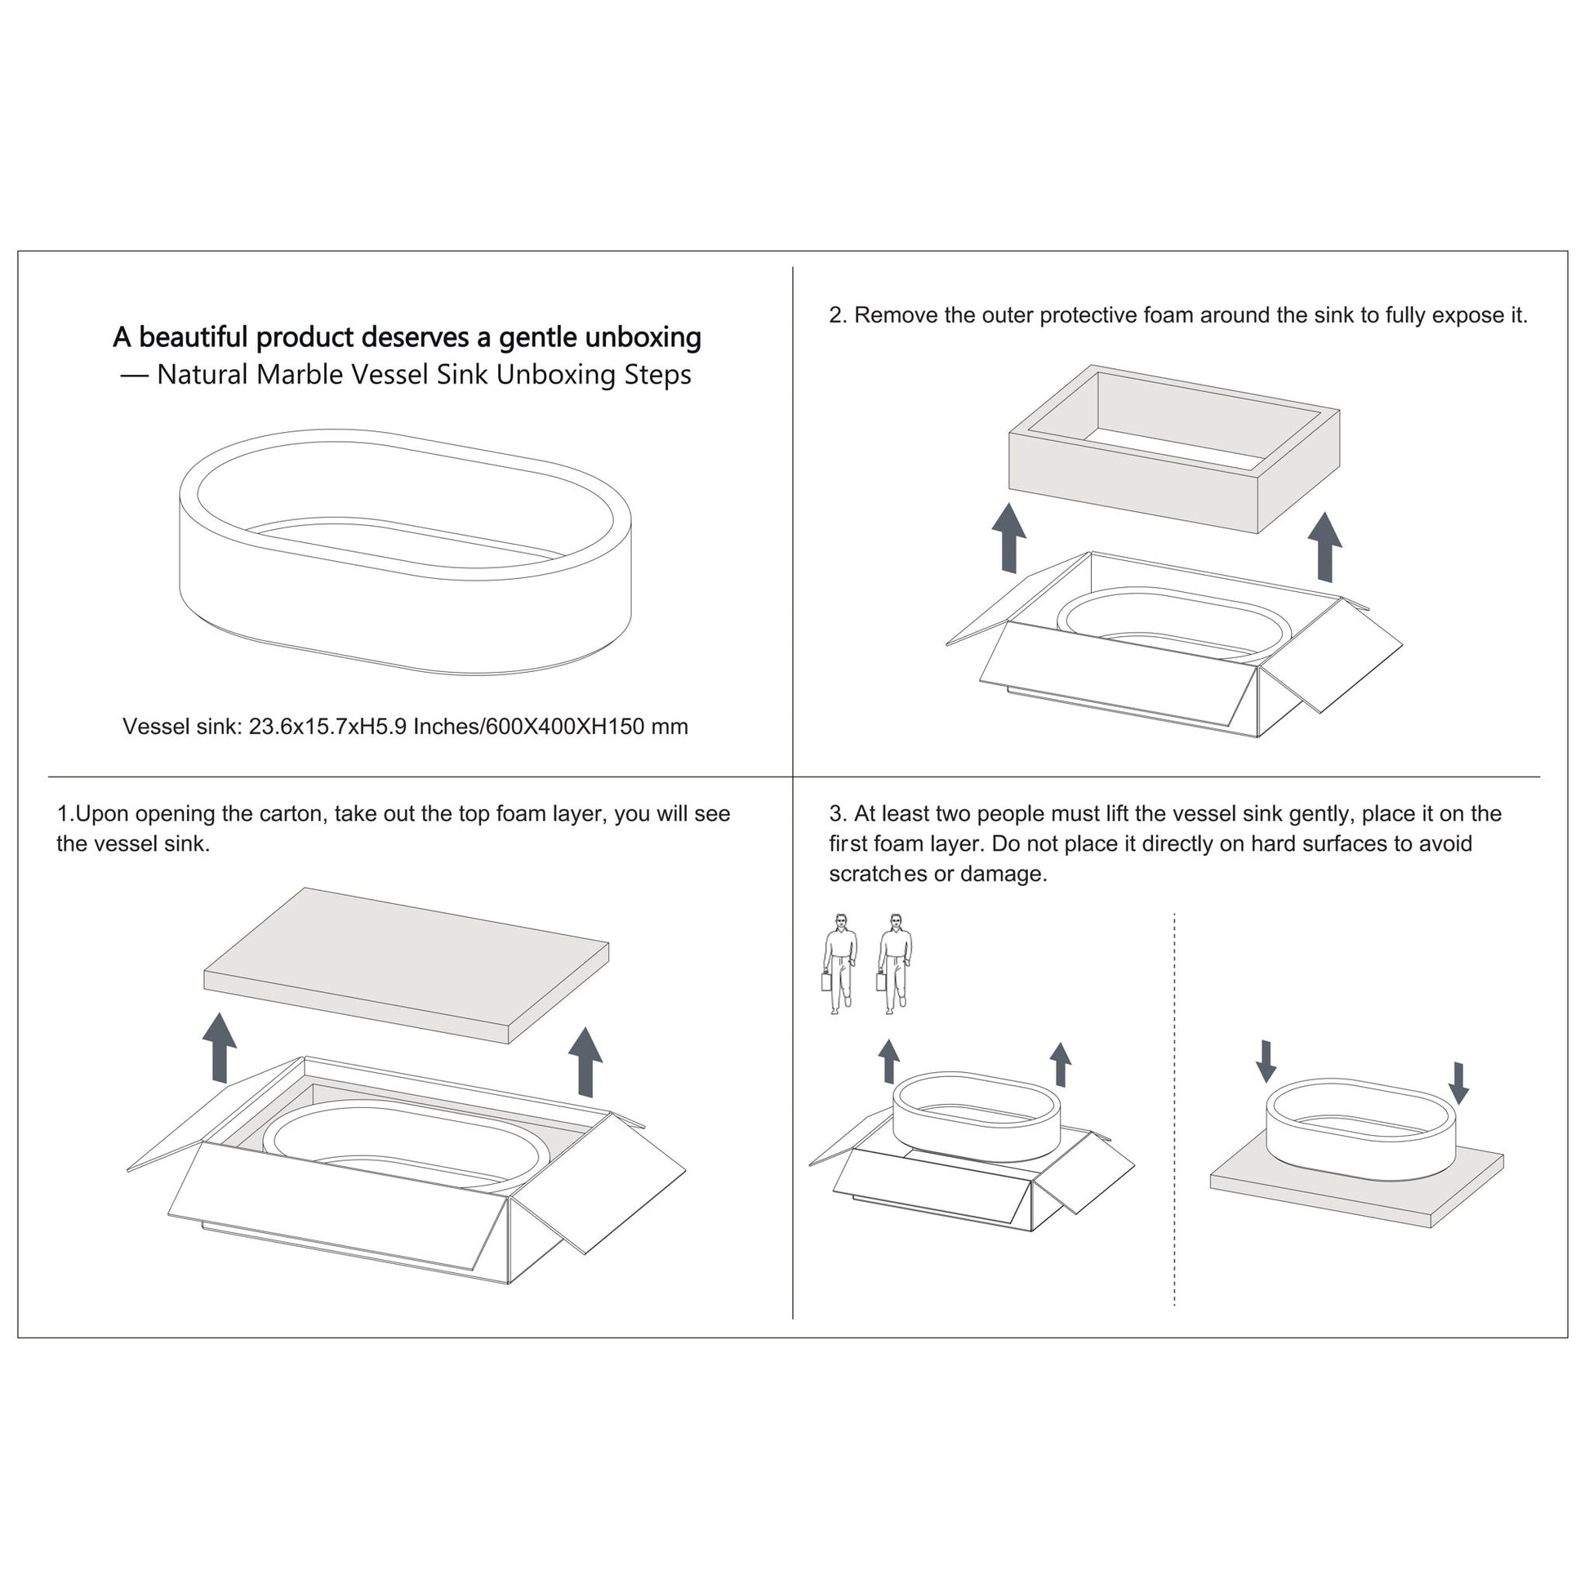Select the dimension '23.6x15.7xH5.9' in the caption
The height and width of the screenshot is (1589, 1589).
(x=328, y=726)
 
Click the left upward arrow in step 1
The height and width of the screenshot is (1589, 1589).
(x=220, y=1048)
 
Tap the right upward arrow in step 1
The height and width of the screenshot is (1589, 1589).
(x=585, y=1062)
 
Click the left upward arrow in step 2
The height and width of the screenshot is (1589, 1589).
(x=1008, y=538)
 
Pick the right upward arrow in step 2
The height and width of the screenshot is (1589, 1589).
(x=1325, y=547)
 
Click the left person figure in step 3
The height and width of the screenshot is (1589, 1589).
(x=839, y=964)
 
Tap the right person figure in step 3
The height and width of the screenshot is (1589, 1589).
(x=895, y=964)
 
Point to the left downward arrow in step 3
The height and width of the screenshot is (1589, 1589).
(x=1266, y=1061)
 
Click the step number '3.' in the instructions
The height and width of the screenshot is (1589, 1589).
(x=838, y=814)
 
